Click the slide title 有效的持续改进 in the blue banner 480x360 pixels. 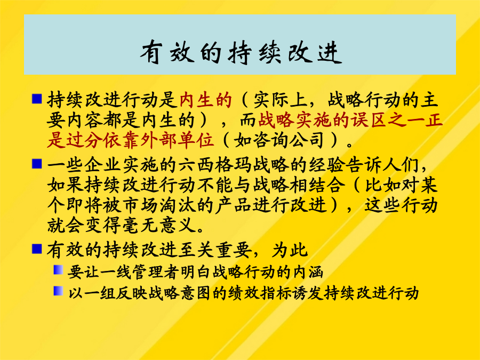click(241, 53)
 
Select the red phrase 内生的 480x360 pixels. click(205, 100)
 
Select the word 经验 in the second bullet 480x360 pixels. click(326, 166)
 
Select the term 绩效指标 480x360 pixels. click(260, 293)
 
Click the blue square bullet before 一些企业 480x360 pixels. click(37, 164)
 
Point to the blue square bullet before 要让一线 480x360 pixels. click(59, 270)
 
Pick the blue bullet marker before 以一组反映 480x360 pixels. click(59, 291)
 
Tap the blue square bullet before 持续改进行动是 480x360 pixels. click(37, 98)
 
